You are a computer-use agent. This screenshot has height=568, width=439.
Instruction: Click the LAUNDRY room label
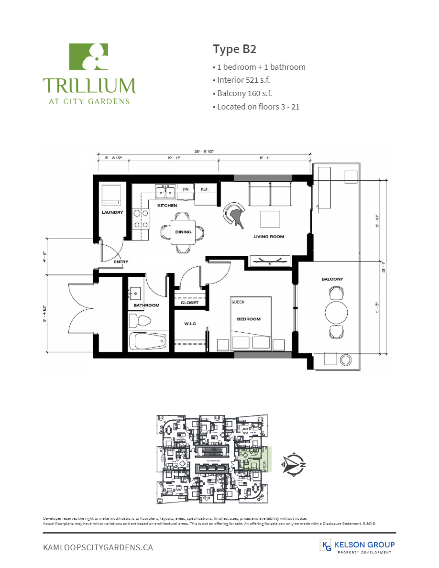click(x=112, y=212)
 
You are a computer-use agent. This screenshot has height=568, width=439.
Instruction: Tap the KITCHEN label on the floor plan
click(x=167, y=206)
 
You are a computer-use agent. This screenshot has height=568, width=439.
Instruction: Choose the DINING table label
click(x=183, y=232)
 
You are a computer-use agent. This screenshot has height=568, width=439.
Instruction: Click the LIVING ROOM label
click(x=268, y=236)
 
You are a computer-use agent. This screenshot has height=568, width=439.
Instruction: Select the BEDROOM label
click(x=249, y=319)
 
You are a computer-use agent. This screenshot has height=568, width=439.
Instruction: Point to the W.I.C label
click(x=190, y=324)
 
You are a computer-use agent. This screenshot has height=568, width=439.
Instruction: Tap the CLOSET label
click(x=189, y=303)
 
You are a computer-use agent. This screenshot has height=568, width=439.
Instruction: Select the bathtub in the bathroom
click(x=147, y=341)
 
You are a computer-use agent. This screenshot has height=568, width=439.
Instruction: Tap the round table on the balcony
click(x=337, y=313)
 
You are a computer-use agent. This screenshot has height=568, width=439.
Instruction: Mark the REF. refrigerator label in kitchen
click(x=205, y=189)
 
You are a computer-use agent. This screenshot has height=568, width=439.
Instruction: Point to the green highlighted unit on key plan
click(x=256, y=459)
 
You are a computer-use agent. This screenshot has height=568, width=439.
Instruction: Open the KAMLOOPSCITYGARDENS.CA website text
click(x=98, y=547)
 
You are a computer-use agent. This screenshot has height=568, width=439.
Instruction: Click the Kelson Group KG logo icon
click(x=327, y=545)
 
